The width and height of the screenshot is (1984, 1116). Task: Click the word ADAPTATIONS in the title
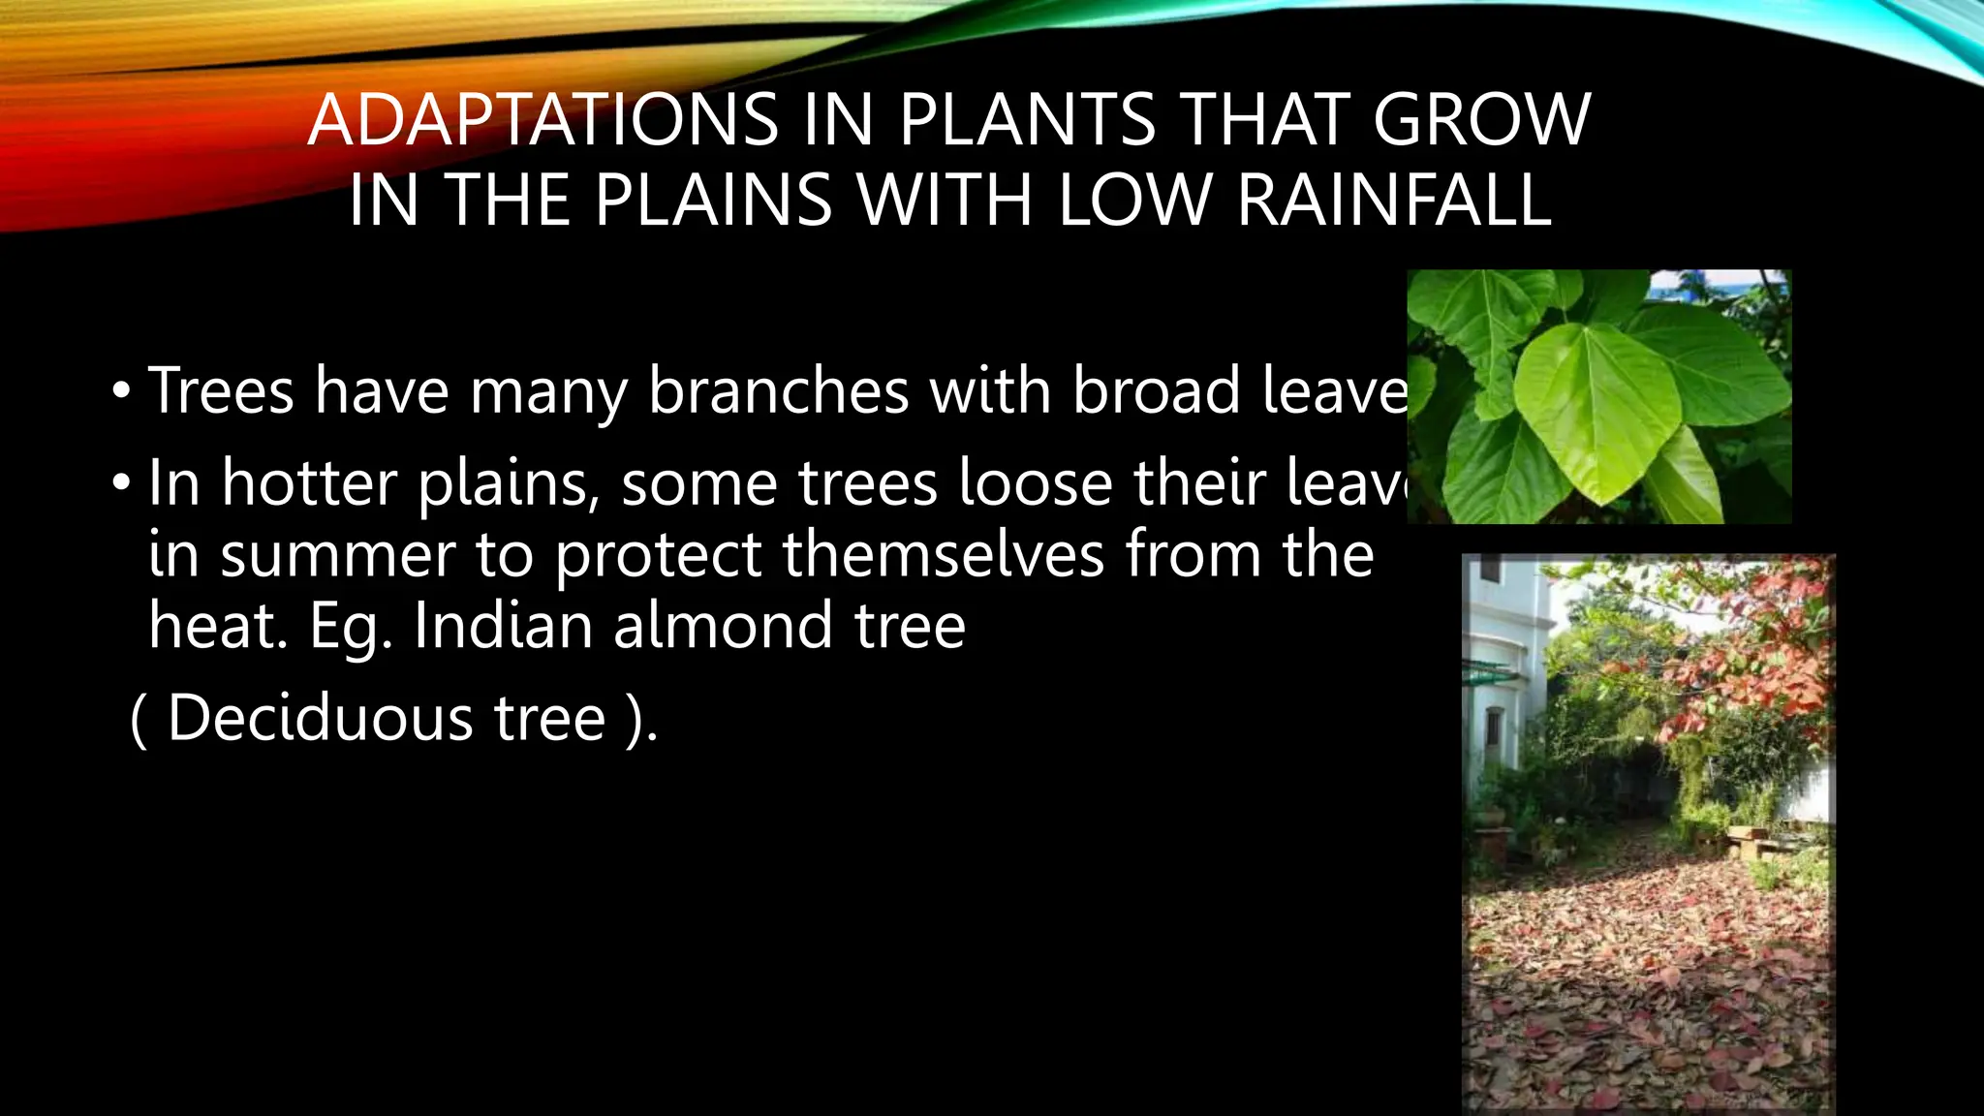(x=542, y=120)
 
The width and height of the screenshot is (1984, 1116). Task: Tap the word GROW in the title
(x=1482, y=120)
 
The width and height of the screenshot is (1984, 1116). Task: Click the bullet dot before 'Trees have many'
(x=119, y=392)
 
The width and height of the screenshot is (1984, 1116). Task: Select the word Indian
(x=503, y=626)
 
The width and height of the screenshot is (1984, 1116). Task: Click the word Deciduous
(x=320, y=718)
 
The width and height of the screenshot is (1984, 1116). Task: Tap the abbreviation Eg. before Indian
(x=351, y=628)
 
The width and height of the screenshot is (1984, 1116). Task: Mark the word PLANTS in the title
(x=1027, y=120)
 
